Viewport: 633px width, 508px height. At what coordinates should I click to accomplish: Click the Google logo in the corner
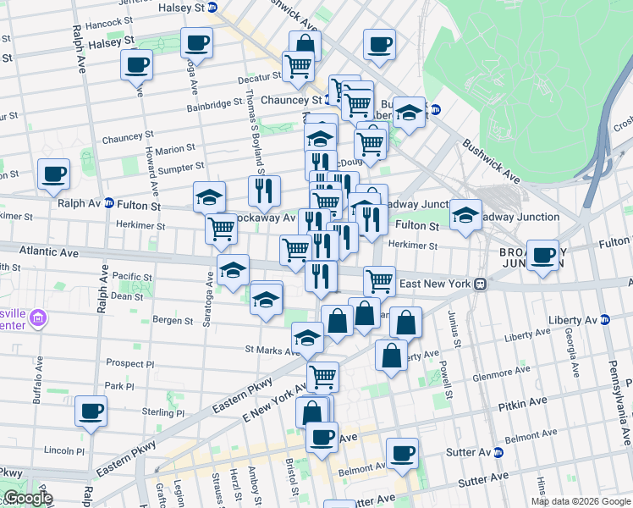[x=27, y=498]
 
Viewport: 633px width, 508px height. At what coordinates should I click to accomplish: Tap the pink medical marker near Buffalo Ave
[x=36, y=319]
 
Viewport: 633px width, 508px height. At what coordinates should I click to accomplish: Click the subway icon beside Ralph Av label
[x=108, y=204]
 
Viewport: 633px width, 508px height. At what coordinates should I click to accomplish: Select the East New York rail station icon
[x=479, y=284]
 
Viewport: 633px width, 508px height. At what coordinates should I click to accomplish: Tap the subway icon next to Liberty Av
[x=604, y=320]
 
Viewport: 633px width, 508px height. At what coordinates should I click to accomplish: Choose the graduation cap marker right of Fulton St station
[x=465, y=216]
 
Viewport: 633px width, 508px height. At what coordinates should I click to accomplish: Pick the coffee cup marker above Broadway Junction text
[x=542, y=255]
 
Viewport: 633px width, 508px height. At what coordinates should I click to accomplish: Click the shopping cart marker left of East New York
[x=379, y=280]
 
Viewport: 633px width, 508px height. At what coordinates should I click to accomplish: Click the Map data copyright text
[x=580, y=501]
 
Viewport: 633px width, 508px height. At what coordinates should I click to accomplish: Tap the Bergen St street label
[x=173, y=321]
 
